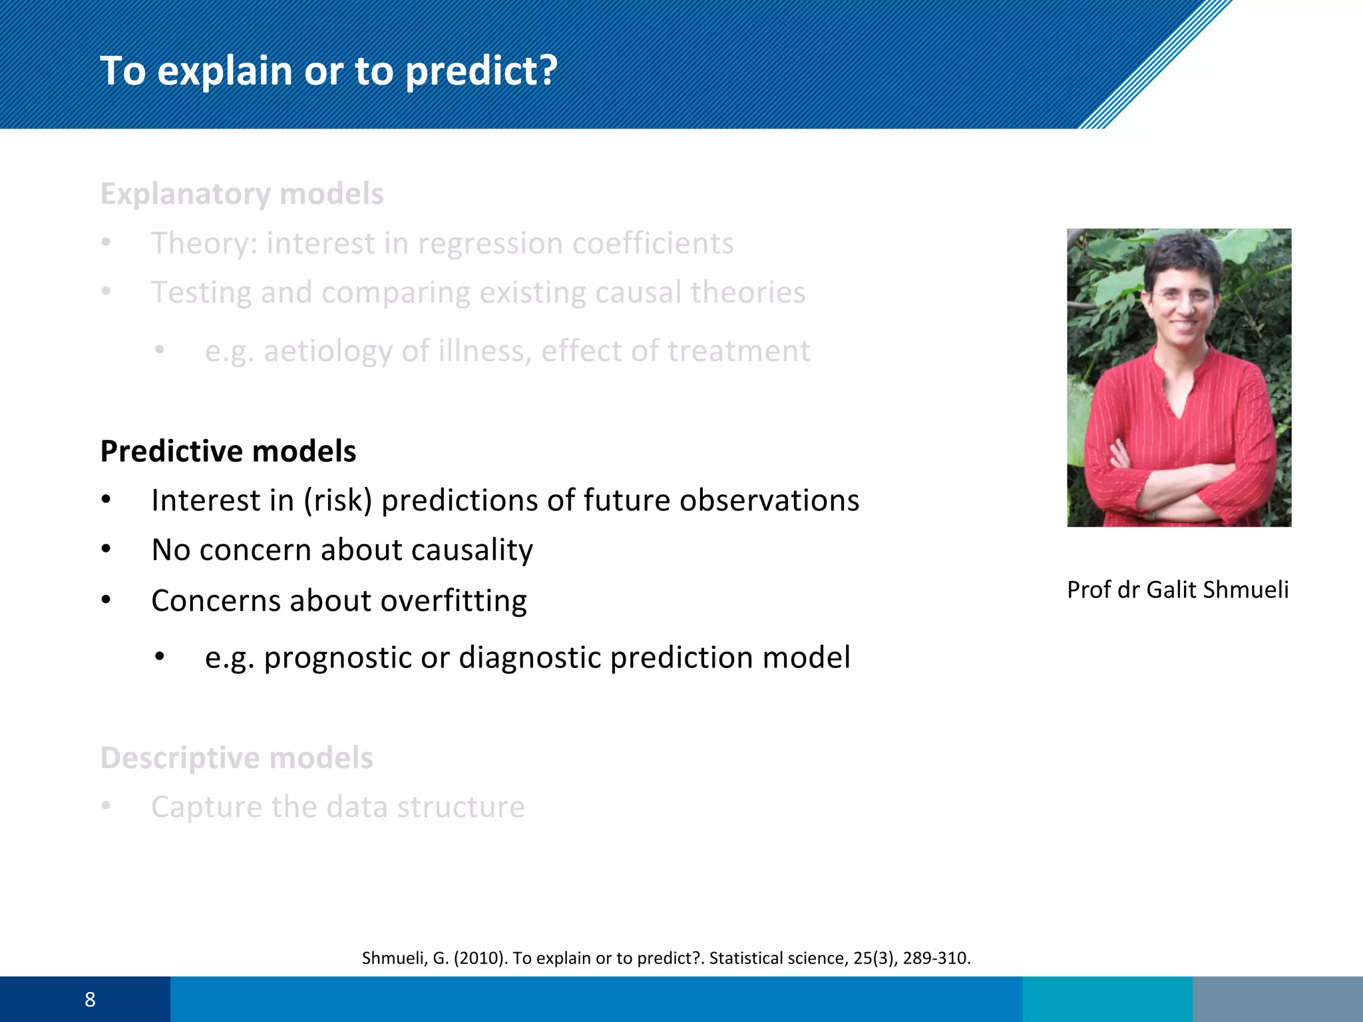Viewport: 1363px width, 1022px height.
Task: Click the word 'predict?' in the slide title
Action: pos(481,71)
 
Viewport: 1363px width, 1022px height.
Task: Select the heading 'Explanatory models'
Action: pos(242,194)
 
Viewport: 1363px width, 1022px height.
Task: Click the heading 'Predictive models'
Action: pos(228,451)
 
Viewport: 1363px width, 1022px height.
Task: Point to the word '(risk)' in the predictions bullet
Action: pos(338,501)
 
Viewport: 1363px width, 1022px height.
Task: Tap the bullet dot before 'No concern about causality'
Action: pos(106,550)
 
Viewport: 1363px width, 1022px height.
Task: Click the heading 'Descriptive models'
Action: pos(236,758)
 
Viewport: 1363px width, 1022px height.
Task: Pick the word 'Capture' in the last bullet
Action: pos(206,807)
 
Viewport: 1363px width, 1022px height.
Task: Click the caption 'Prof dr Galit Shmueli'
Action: pos(1177,590)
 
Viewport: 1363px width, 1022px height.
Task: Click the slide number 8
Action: pos(90,999)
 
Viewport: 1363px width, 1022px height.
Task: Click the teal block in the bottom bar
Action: pos(1107,999)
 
